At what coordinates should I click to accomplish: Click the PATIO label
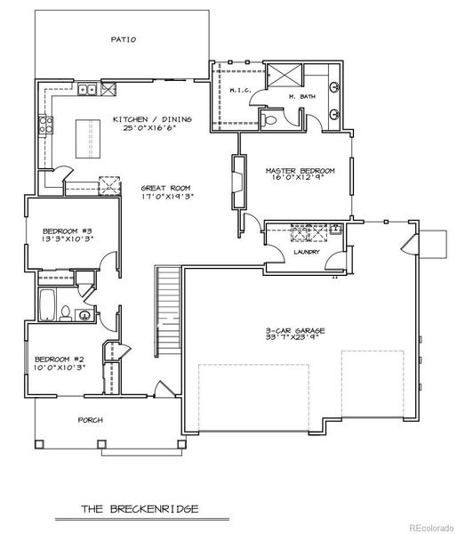(x=123, y=39)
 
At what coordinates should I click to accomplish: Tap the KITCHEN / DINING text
(x=149, y=118)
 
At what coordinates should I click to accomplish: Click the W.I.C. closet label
(x=237, y=90)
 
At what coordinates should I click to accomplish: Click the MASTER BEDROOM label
(x=300, y=169)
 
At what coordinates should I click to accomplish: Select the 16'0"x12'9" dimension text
(x=300, y=178)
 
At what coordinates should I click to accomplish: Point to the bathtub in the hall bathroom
(x=47, y=303)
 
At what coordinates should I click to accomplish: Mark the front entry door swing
(x=162, y=390)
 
